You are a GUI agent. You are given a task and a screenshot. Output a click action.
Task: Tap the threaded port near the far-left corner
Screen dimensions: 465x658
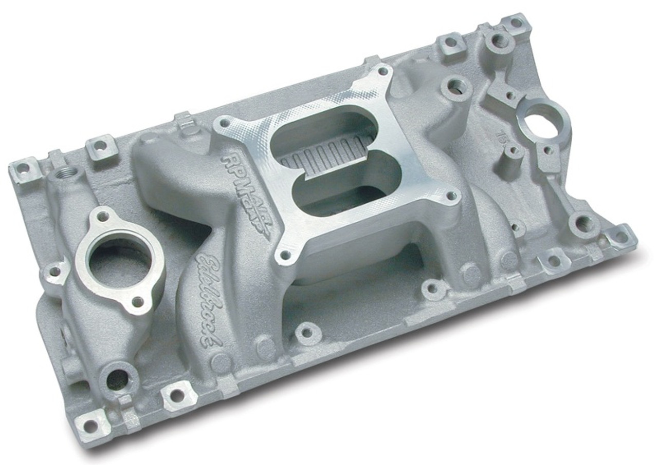click(x=66, y=172)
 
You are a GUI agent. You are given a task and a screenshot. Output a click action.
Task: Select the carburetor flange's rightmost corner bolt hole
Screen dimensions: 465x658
click(x=452, y=196)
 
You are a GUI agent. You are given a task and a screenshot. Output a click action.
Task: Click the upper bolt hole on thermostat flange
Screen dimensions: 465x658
click(x=103, y=218)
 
